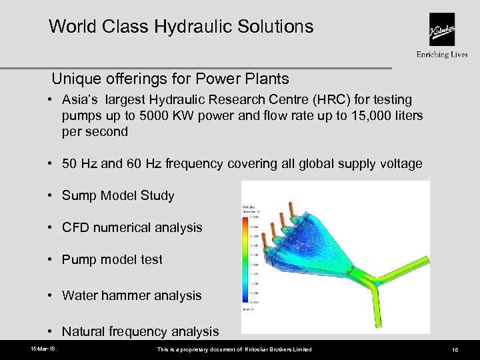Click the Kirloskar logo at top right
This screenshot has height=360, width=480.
(442, 31)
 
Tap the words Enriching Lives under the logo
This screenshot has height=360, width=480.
(442, 55)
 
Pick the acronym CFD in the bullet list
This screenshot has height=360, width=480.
(75, 227)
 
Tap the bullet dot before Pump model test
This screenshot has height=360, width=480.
(50, 259)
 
